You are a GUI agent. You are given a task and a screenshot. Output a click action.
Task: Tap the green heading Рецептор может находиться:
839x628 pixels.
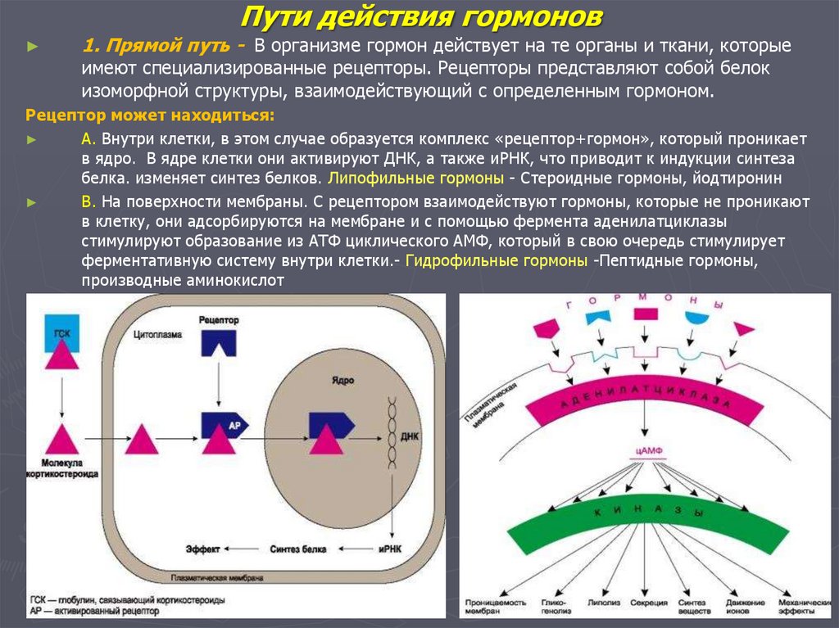(150, 114)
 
